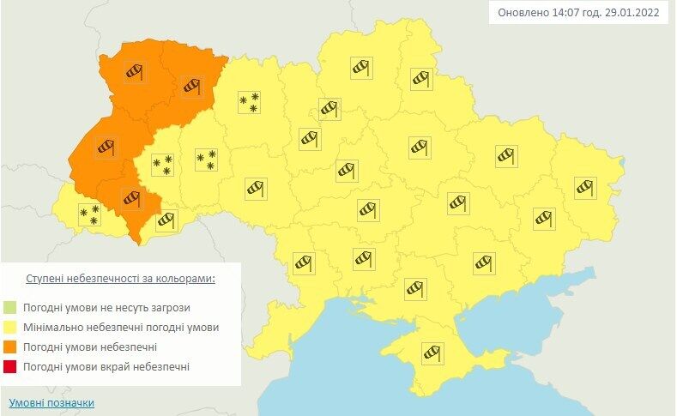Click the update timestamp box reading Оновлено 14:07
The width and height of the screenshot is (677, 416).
(x=578, y=14)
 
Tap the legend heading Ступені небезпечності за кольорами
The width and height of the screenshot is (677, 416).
(x=120, y=280)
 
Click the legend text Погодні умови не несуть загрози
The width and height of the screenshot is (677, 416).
(x=107, y=307)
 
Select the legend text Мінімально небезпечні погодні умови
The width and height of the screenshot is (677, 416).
(x=122, y=328)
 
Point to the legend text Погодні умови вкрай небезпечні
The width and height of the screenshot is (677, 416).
(x=107, y=367)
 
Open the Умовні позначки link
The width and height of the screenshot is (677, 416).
(x=51, y=402)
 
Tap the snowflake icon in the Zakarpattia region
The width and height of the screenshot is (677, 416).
(x=89, y=214)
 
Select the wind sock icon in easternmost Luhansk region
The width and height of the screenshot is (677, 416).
(x=585, y=186)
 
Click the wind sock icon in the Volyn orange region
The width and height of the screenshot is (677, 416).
(x=134, y=72)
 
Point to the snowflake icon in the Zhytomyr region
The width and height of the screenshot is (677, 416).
(x=249, y=103)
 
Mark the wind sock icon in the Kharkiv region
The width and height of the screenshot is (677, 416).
(x=506, y=155)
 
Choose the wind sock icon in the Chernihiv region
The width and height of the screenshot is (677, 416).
(x=361, y=68)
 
